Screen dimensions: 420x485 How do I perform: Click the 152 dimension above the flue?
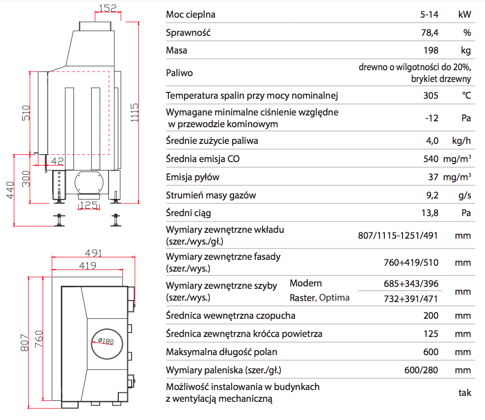tap(107, 8)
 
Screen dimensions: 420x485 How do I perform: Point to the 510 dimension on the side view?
tap(26, 112)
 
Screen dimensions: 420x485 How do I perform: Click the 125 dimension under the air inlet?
tap(88, 205)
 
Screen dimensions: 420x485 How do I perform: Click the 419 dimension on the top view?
tap(87, 266)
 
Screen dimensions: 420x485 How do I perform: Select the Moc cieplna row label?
tap(191, 14)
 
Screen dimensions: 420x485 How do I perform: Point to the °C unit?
tap(466, 95)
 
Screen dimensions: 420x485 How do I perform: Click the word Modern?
tap(306, 283)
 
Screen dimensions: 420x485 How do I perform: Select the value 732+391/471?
tap(411, 298)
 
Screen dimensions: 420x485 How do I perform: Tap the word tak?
tap(464, 392)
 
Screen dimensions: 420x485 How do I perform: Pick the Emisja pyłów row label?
tap(193, 177)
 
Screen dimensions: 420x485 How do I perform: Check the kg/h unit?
tap(461, 141)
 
